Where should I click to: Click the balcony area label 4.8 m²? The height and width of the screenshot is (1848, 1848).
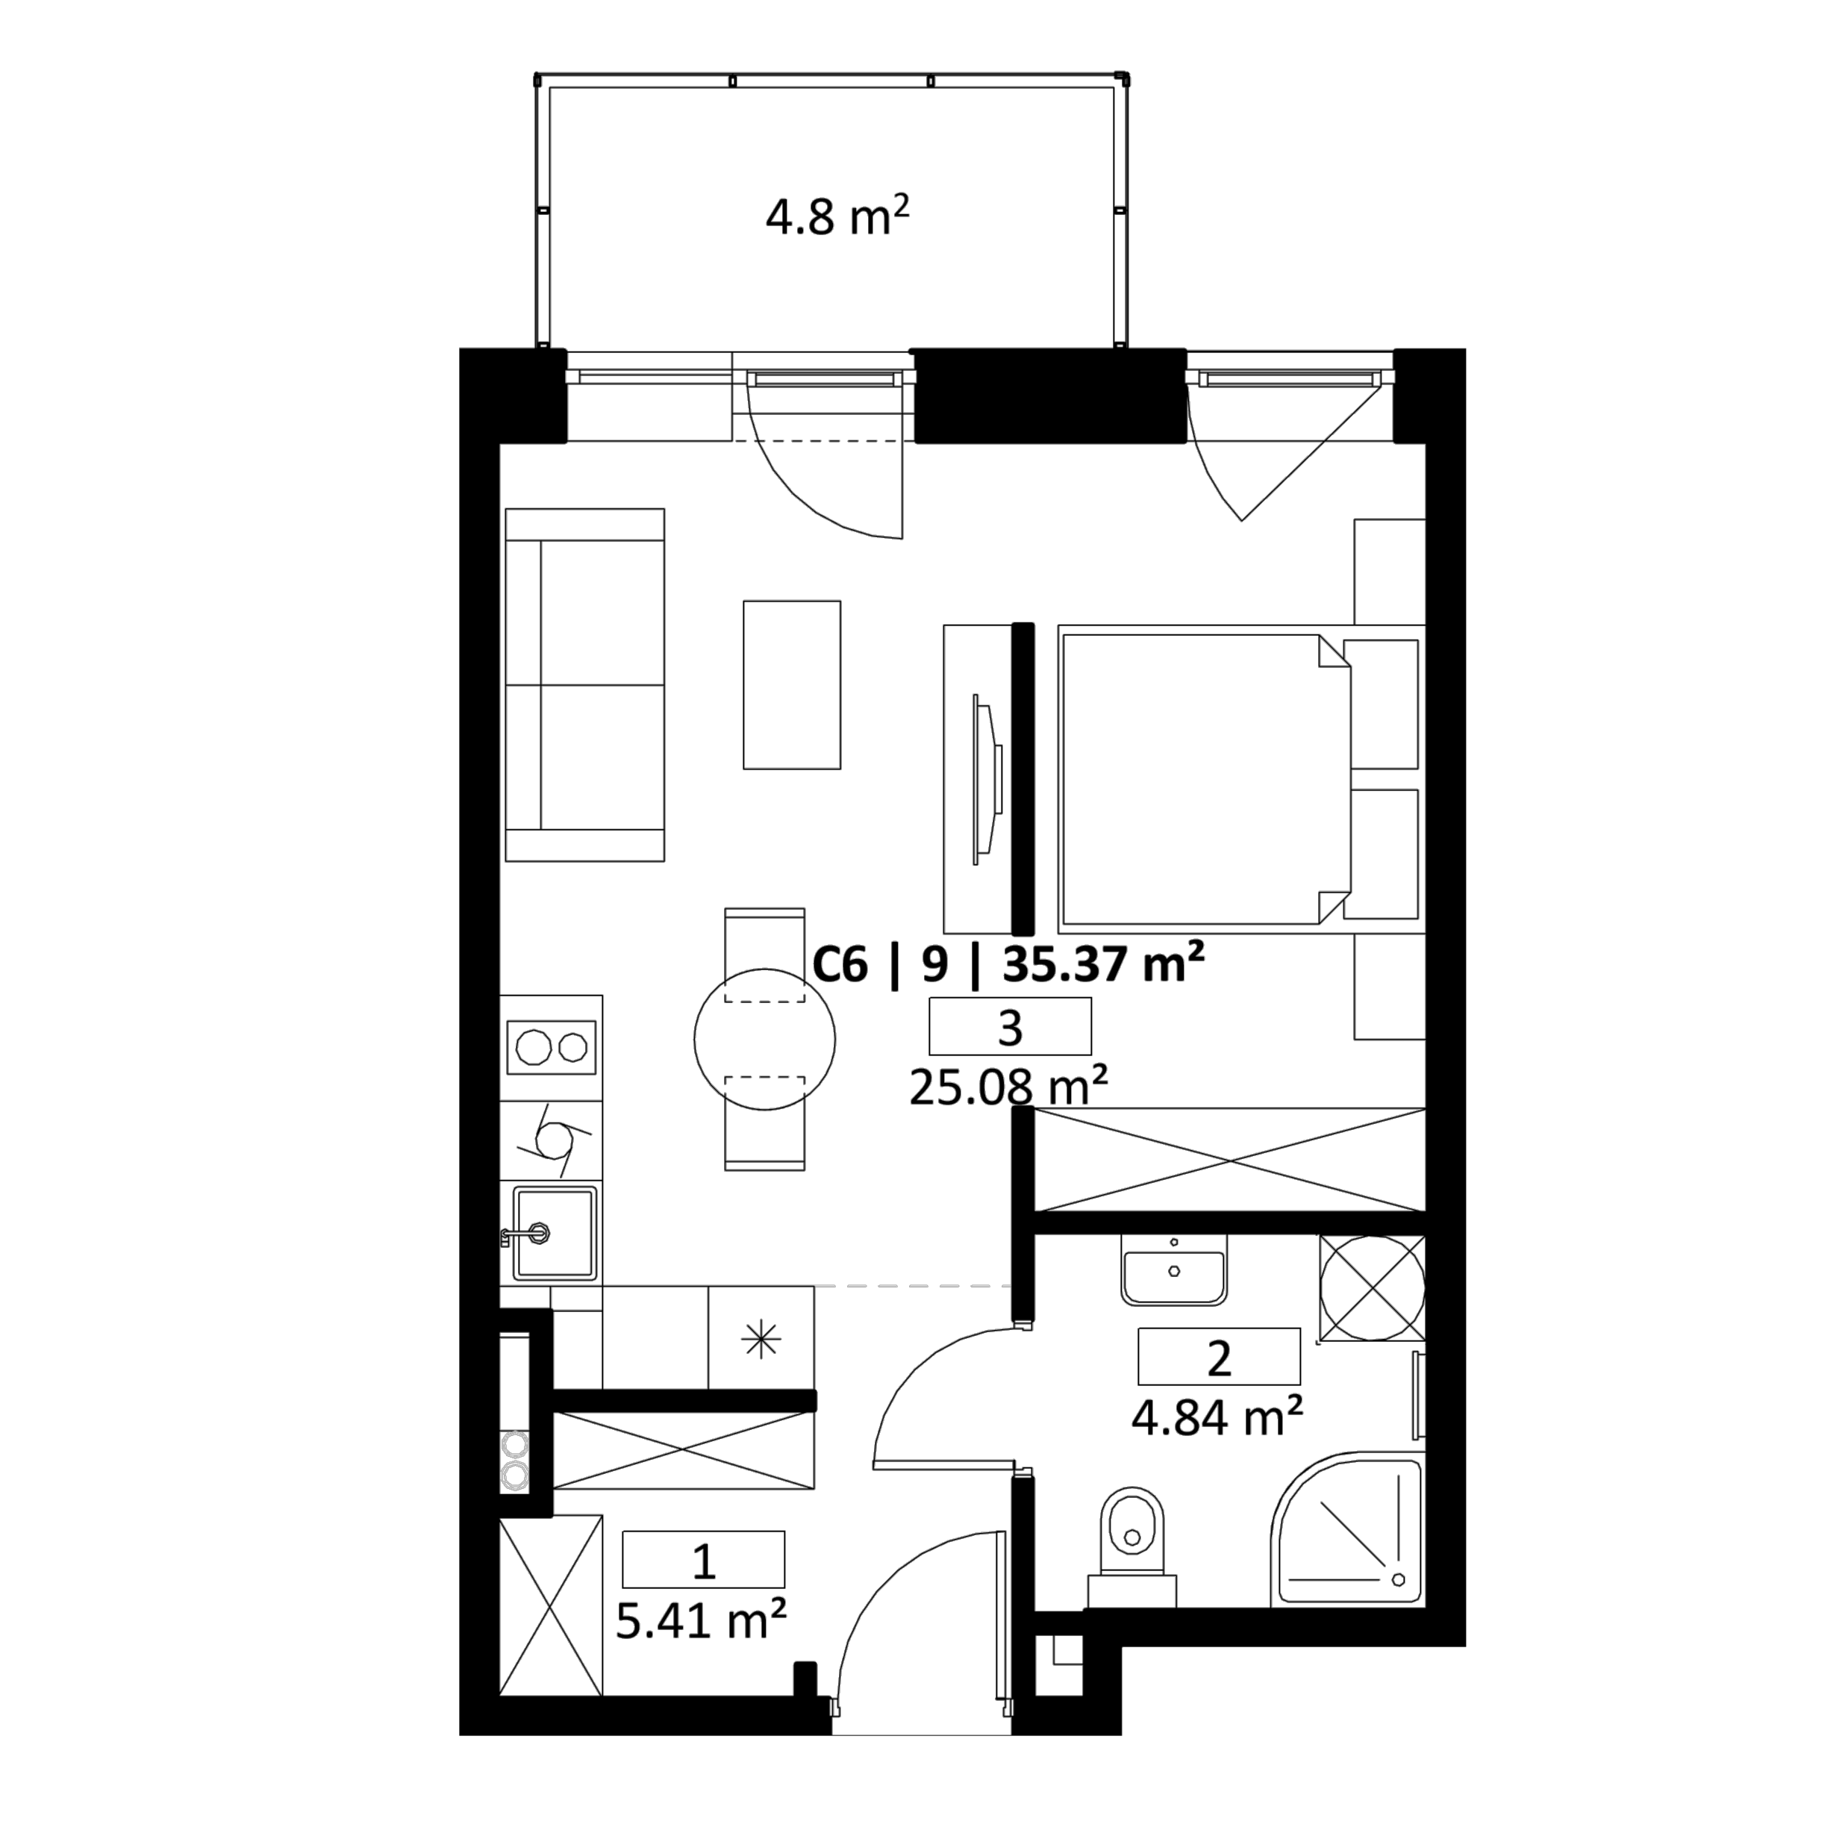point(837,217)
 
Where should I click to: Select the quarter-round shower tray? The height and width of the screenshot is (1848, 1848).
point(1346,1531)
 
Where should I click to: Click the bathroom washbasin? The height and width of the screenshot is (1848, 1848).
point(1173,1270)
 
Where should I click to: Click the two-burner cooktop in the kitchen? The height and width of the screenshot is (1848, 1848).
point(552,1047)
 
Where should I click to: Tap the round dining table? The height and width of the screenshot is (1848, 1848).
point(764,1040)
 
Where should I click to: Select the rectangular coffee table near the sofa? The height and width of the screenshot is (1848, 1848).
point(792,685)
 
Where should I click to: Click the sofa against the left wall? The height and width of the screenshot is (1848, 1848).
point(584,685)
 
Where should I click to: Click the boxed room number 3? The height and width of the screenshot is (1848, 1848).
point(1010,1026)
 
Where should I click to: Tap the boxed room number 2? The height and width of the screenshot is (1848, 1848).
point(1219,1356)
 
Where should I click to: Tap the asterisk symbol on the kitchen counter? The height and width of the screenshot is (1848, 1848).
point(761,1339)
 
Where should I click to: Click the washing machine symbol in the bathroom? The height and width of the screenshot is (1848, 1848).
point(1373,1287)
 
